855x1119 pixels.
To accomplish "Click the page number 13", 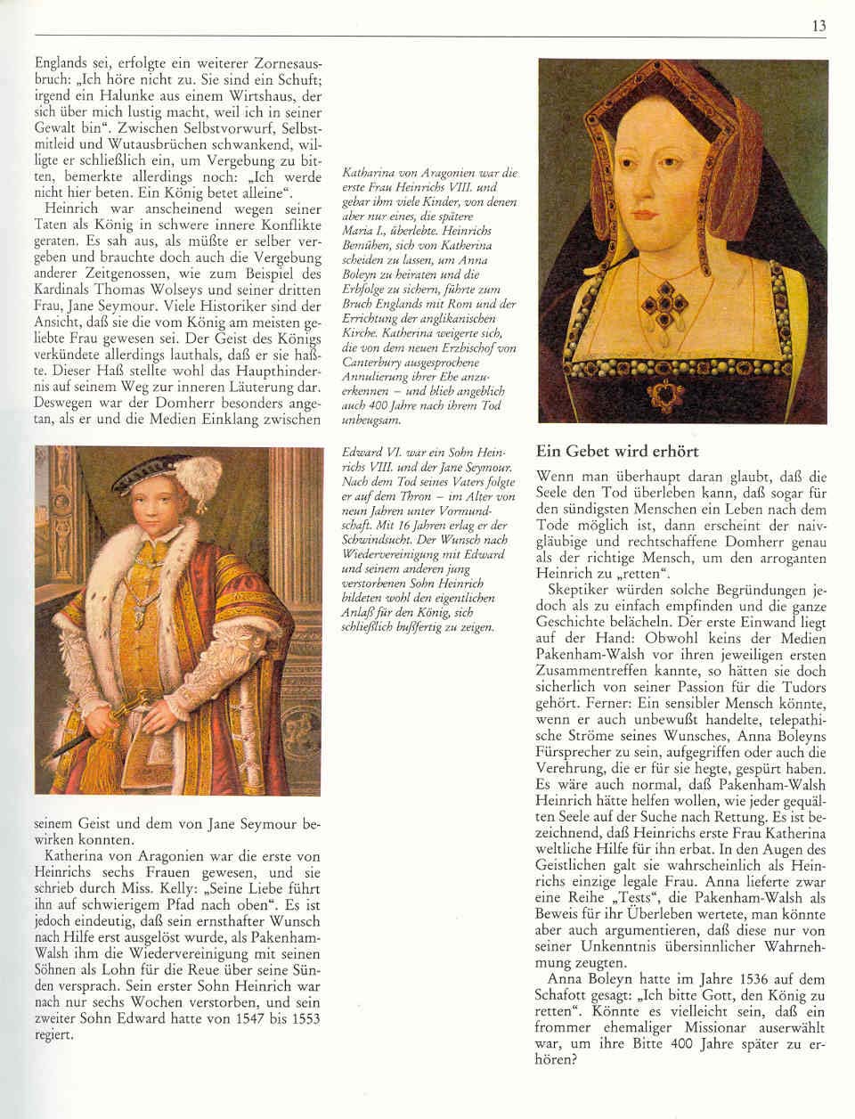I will pos(818,27).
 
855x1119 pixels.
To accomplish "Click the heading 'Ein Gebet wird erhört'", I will pos(617,452).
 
